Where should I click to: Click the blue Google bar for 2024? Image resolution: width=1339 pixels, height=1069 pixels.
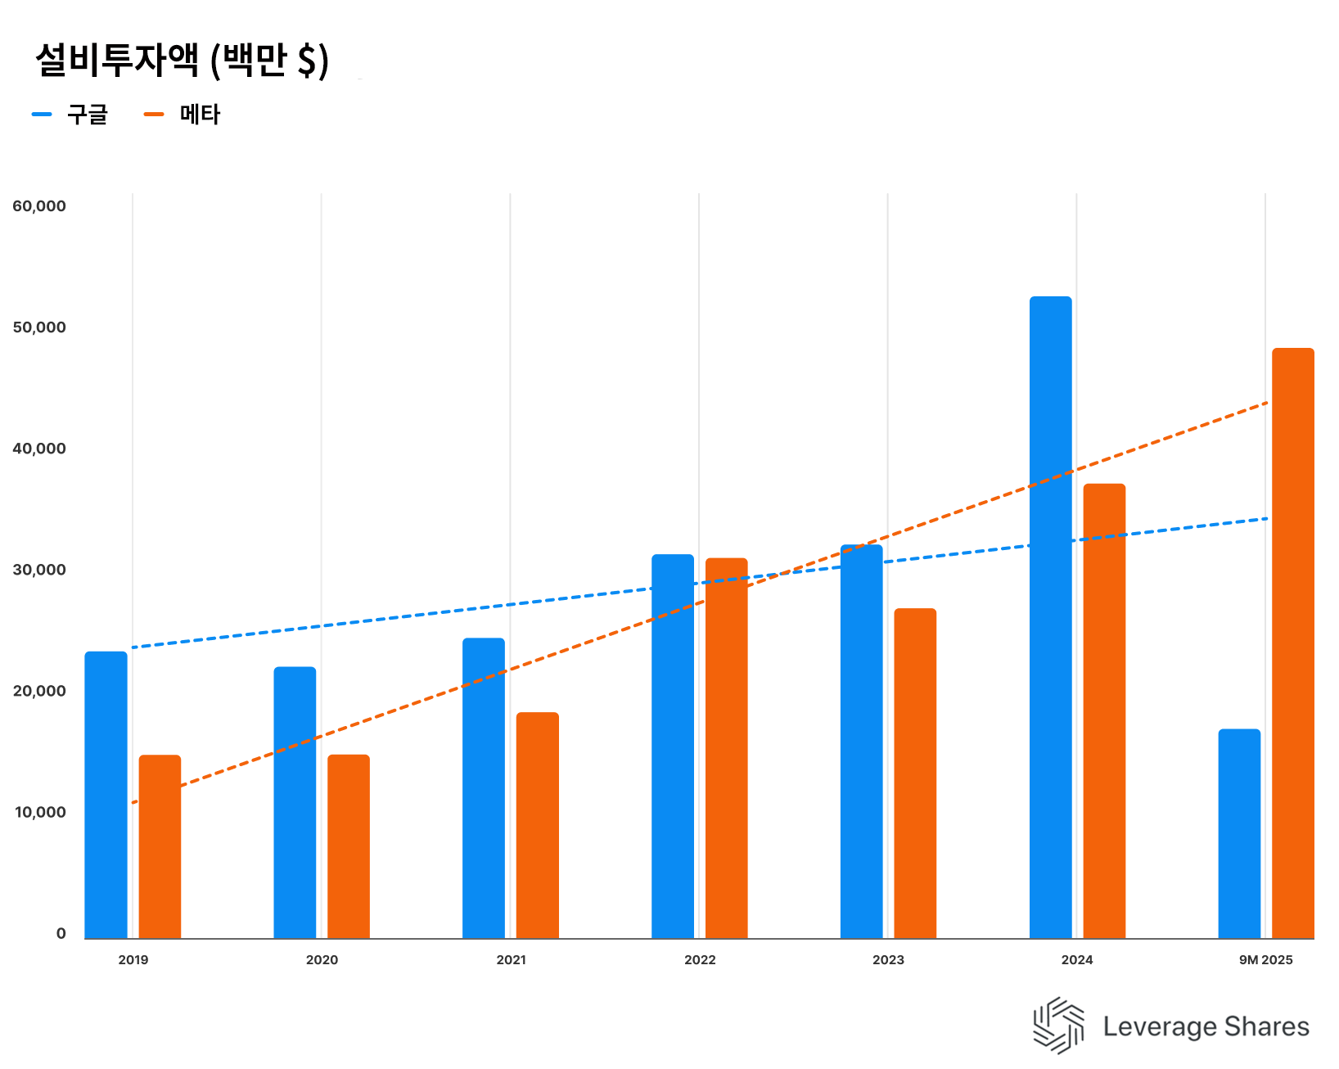tap(1050, 617)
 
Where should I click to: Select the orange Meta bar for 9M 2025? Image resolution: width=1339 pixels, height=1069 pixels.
tap(1292, 643)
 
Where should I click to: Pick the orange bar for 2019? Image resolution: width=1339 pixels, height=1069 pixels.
tap(160, 846)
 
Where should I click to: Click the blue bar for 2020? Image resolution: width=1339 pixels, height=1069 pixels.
tap(295, 802)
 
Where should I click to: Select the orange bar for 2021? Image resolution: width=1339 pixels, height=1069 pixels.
tap(537, 825)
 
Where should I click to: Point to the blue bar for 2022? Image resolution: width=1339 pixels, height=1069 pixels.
tap(673, 746)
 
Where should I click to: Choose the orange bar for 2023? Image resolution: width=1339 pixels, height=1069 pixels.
tap(915, 774)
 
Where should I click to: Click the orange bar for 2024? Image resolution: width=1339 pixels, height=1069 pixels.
tap(1104, 711)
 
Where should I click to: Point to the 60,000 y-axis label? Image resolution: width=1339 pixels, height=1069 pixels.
tap(39, 206)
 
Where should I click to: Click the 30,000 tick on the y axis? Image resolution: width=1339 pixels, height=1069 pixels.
tap(39, 570)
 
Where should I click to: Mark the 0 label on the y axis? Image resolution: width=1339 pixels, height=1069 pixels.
tap(61, 934)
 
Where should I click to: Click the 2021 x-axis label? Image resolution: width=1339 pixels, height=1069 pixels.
tap(511, 960)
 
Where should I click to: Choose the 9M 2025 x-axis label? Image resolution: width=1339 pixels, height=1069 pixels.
tap(1265, 960)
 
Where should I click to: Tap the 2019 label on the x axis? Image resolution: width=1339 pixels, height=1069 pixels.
tap(133, 960)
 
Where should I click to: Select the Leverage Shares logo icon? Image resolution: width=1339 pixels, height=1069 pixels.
tap(1058, 1025)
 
